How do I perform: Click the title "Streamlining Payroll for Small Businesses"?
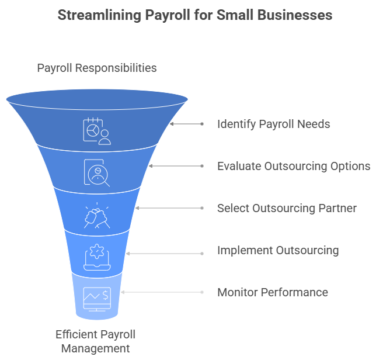click(x=195, y=15)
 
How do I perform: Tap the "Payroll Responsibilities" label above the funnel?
click(x=97, y=68)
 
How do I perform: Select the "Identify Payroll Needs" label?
click(x=273, y=124)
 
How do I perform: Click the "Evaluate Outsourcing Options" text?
click(x=293, y=166)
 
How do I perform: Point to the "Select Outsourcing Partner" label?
click(x=287, y=208)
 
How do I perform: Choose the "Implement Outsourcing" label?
click(x=278, y=250)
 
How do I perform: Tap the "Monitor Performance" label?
click(x=273, y=292)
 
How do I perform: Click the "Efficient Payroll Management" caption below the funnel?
click(x=95, y=341)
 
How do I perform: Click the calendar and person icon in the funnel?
click(x=96, y=130)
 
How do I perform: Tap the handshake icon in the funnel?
click(x=96, y=215)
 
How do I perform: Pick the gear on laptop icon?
click(x=96, y=257)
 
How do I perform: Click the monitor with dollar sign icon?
click(x=96, y=297)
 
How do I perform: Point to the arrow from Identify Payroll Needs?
click(x=186, y=124)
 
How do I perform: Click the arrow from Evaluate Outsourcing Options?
click(x=175, y=166)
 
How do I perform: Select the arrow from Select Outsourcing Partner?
click(x=169, y=208)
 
